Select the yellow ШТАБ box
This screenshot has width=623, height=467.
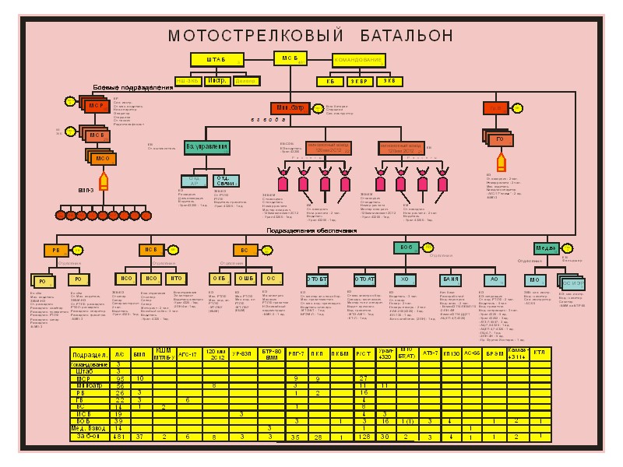click(x=216, y=60)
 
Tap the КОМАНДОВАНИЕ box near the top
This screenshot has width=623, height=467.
click(x=358, y=60)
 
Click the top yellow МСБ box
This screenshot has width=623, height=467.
click(x=290, y=58)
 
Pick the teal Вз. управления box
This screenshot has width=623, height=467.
click(x=207, y=146)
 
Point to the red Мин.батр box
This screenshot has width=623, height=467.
click(x=290, y=108)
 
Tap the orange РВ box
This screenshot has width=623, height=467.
click(x=55, y=250)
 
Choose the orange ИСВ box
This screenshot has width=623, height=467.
click(x=150, y=250)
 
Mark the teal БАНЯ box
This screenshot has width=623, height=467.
click(x=449, y=279)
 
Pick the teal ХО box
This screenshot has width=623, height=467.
click(x=404, y=279)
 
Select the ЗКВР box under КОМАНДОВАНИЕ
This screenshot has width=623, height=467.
click(x=359, y=80)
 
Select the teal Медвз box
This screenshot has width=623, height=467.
click(x=546, y=248)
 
